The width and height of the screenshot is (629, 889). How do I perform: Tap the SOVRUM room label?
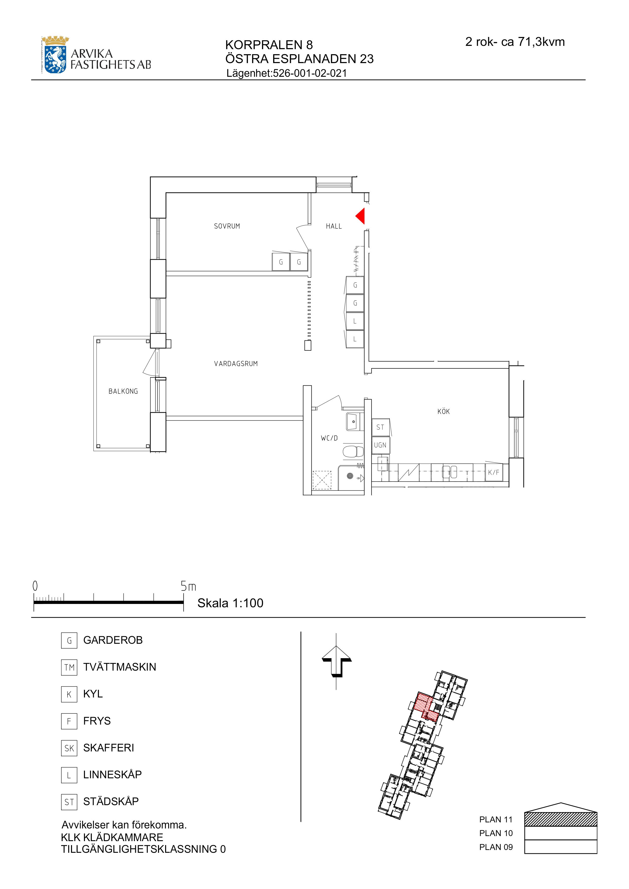pos(227,226)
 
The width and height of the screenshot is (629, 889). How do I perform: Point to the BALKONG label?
pos(123,391)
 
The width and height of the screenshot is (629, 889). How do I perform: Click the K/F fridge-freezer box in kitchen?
pos(494,472)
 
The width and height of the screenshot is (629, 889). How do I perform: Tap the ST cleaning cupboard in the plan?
pos(381,427)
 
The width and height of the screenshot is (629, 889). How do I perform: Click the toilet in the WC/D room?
pos(353,451)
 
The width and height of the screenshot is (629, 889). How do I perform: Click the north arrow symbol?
pos(336,665)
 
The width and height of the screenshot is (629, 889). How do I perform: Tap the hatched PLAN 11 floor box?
pos(561,819)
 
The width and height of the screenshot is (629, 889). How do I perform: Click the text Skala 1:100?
pos(230,603)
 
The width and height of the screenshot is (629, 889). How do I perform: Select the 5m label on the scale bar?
pos(188,587)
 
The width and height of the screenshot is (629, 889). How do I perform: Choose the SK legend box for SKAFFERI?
pos(69,748)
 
